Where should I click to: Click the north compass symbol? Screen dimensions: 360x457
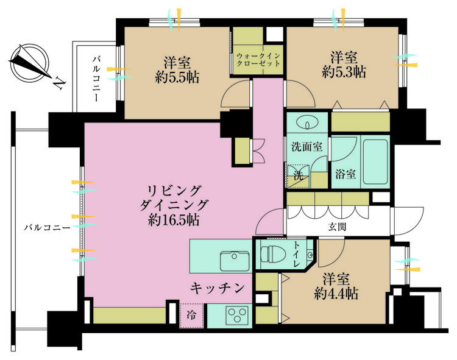[x=30, y=62]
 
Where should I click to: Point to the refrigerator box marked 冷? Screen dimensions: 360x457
[x=192, y=316]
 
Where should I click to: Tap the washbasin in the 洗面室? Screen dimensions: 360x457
[x=308, y=124]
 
